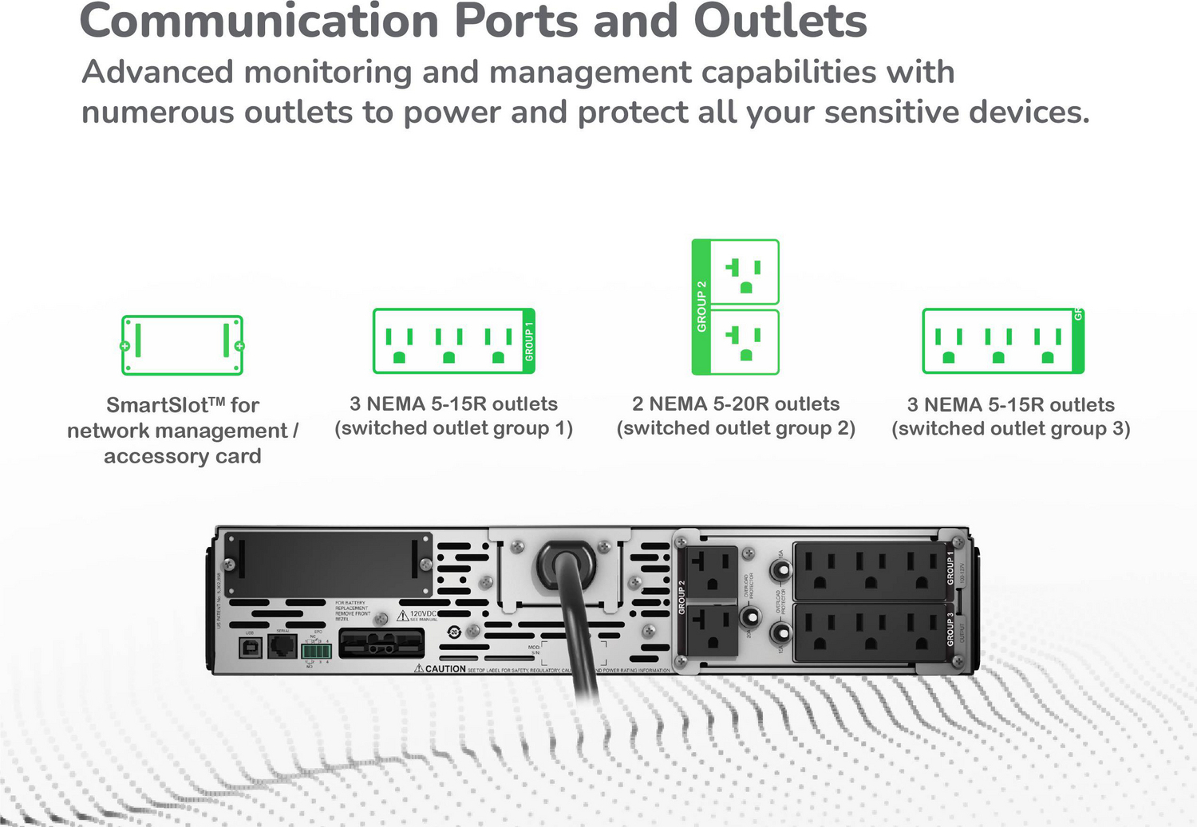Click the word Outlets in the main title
[x=780, y=21]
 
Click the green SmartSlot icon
[x=182, y=345]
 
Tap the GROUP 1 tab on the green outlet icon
[x=528, y=341]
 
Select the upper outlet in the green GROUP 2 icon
[x=744, y=273]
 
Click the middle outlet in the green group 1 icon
[x=449, y=345]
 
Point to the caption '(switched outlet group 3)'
[x=1010, y=429]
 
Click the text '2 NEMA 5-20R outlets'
[x=736, y=404]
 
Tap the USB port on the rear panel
[x=250, y=647]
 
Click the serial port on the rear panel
[x=282, y=645]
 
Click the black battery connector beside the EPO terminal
[x=381, y=643]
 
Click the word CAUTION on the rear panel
[x=444, y=669]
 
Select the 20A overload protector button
[x=749, y=616]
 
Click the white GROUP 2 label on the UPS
[x=681, y=597]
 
